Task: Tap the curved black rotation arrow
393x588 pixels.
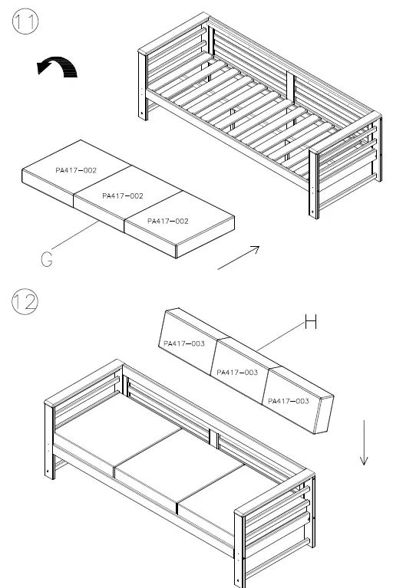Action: pos(58,68)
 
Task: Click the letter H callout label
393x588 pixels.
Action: pos(310,322)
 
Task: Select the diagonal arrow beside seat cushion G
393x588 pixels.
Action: pos(239,258)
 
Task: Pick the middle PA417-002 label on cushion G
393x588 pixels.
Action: pos(123,196)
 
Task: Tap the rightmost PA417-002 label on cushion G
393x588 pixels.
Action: pos(167,221)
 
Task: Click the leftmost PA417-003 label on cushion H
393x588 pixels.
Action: pos(183,344)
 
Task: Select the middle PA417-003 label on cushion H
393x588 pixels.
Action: pos(237,372)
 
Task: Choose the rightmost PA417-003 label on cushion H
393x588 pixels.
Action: pos(289,400)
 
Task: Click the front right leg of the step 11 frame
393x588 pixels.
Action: pos(314,192)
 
